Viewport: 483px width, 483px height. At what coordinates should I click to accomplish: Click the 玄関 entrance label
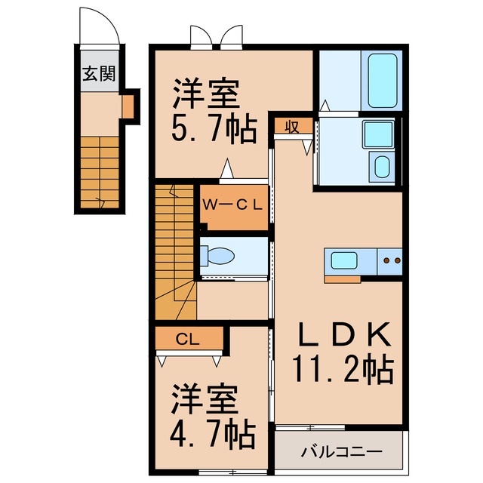[98, 74]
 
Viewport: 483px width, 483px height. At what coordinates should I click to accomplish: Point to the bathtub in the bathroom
[382, 82]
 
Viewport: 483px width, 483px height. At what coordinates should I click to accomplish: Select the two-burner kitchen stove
[391, 262]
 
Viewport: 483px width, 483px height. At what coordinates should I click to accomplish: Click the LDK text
[341, 333]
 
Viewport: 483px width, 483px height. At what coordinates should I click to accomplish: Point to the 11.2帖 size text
[341, 369]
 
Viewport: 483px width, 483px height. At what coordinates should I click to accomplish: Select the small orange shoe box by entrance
[128, 106]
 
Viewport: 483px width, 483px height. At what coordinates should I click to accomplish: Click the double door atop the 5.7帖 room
[217, 36]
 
